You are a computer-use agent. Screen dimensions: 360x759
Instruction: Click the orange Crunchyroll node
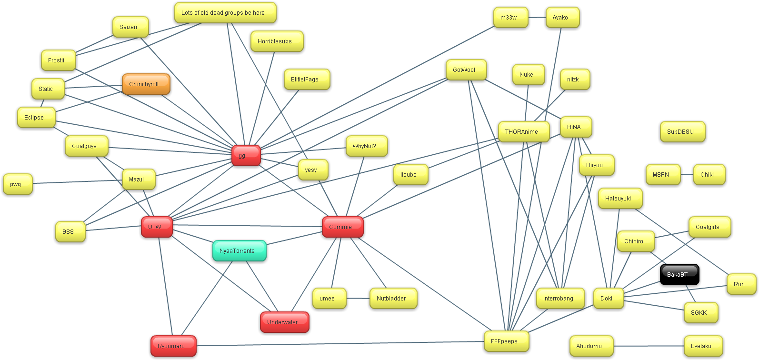coord(146,84)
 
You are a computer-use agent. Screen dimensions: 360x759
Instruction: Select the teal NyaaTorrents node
coord(239,251)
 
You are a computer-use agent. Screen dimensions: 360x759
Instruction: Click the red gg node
coord(246,156)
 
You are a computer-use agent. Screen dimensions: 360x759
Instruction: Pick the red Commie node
coord(342,227)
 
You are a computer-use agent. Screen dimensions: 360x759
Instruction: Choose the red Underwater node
coord(284,322)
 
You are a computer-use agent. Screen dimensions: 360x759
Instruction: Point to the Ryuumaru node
coord(173,346)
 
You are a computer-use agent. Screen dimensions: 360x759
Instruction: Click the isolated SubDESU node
coord(682,132)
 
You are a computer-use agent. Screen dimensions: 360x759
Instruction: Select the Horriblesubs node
coord(277,41)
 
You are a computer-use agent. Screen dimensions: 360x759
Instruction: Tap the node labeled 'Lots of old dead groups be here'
coord(225,13)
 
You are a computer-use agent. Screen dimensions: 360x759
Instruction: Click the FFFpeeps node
coord(506,341)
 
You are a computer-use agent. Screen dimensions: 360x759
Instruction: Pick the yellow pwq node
coord(18,184)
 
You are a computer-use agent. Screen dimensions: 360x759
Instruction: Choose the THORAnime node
coord(523,132)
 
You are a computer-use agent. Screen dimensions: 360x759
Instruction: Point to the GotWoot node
coord(466,70)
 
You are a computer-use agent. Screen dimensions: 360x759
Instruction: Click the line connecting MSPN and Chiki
coord(687,175)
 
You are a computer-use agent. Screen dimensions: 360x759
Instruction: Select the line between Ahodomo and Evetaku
coord(649,346)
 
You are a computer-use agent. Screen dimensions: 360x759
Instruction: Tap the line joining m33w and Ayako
coord(537,18)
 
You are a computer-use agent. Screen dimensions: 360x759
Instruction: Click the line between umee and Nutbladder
coord(358,299)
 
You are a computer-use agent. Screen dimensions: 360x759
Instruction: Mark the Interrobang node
coord(560,299)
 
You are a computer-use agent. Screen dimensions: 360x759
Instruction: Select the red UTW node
coord(156,227)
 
